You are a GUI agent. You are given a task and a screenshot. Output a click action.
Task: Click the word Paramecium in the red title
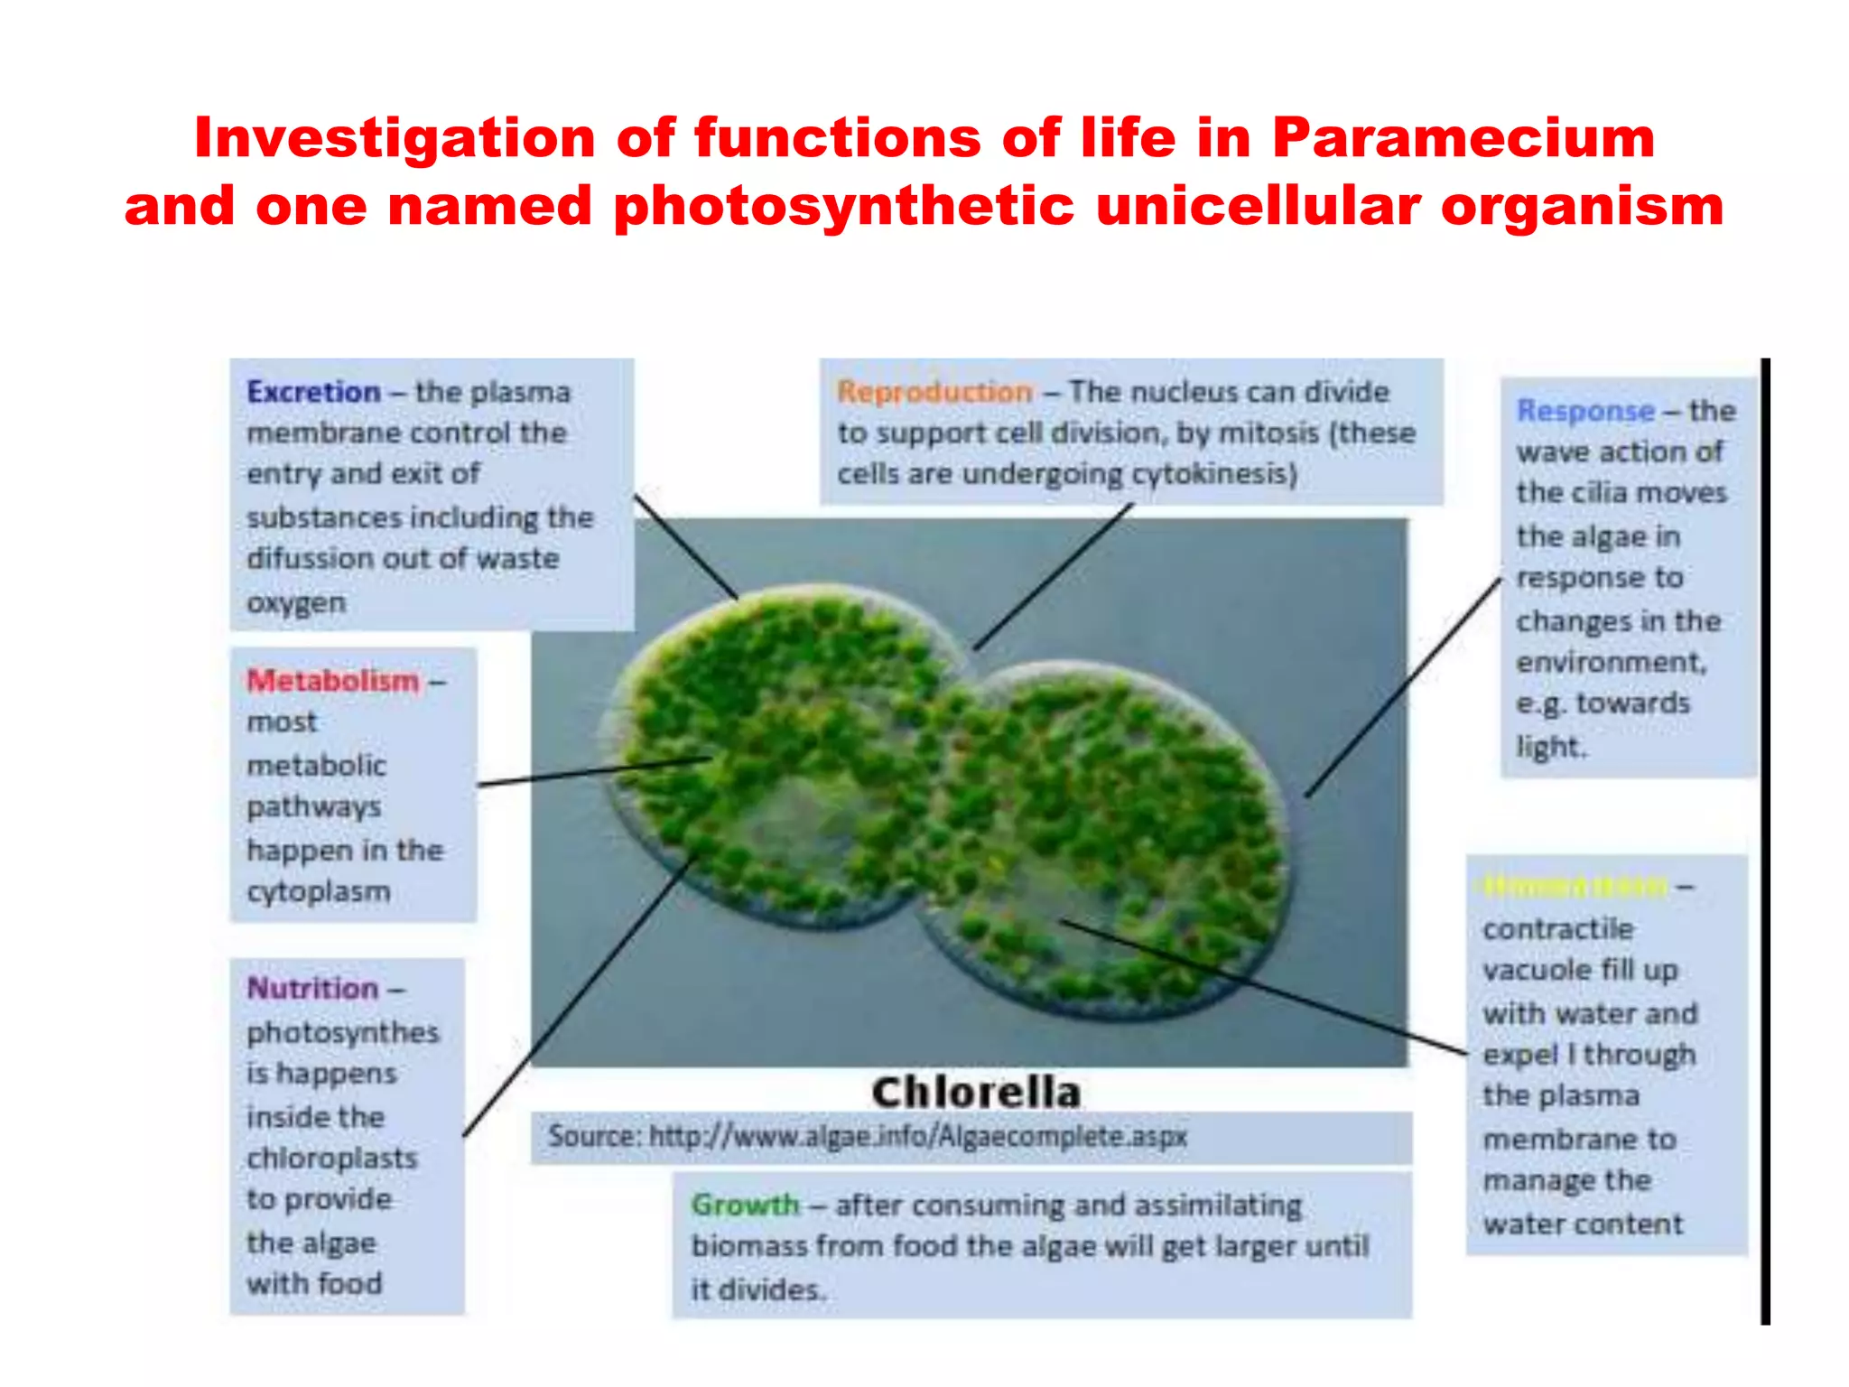coord(1463,138)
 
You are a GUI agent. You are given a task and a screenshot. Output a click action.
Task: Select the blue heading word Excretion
coord(313,392)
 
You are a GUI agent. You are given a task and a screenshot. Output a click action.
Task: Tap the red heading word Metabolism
coord(333,680)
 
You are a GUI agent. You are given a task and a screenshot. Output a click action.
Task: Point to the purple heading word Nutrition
coord(312,988)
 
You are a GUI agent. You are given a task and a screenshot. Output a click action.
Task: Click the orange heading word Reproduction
coord(934,392)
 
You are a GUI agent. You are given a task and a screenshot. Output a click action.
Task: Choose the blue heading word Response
coord(1585,411)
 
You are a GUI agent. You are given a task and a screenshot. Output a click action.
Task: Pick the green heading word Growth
coord(745,1205)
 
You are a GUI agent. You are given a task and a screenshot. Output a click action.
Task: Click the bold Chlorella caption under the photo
coord(976,1093)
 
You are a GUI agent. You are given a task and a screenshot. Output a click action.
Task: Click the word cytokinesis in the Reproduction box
coord(1213,474)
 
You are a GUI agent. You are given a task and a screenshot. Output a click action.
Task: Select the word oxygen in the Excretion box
coord(296,602)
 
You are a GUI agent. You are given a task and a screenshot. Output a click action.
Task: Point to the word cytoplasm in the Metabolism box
coord(319,892)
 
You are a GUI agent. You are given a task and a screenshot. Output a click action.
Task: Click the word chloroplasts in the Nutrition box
coord(332,1159)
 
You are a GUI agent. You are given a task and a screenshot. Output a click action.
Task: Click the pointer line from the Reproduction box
coord(1054,575)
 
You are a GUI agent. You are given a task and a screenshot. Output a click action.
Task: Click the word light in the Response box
coord(1547,748)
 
